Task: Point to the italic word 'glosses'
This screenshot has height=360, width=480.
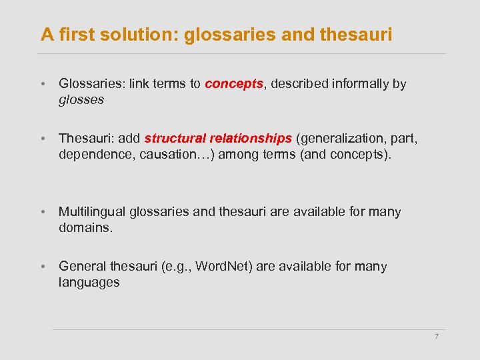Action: [81, 99]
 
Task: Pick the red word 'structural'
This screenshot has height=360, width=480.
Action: [175, 139]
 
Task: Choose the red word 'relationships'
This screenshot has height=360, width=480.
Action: [251, 139]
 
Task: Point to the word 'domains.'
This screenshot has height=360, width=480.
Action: [86, 227]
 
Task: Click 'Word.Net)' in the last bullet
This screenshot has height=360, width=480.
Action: [222, 267]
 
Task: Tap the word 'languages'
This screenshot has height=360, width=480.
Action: [89, 282]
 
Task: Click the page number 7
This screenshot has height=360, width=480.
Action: [437, 336]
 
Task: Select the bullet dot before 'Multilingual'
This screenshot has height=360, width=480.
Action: [42, 213]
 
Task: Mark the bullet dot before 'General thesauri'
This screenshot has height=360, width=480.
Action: [42, 267]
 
